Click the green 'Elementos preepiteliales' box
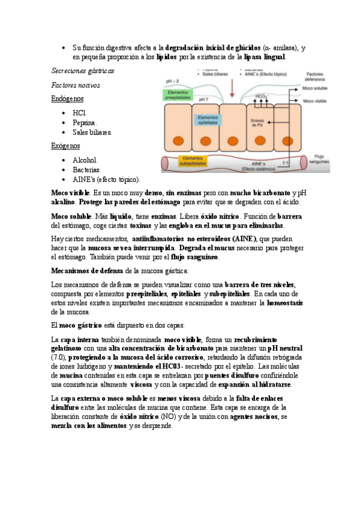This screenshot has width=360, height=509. tap(178, 93)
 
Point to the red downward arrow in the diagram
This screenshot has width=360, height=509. tap(232, 88)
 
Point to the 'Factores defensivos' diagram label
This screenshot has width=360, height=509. tap(319, 76)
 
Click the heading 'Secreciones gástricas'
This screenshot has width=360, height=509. tap(83, 71)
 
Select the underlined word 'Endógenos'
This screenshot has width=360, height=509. tap(68, 98)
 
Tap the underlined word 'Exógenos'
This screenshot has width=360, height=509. tap(66, 146)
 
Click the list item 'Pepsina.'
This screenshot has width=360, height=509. tap(85, 122)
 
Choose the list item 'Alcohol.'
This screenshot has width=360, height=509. tap(85, 160)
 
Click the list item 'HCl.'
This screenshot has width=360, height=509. tap(80, 113)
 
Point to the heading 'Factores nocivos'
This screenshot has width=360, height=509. tap(76, 85)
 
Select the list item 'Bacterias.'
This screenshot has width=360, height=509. tap(87, 170)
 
